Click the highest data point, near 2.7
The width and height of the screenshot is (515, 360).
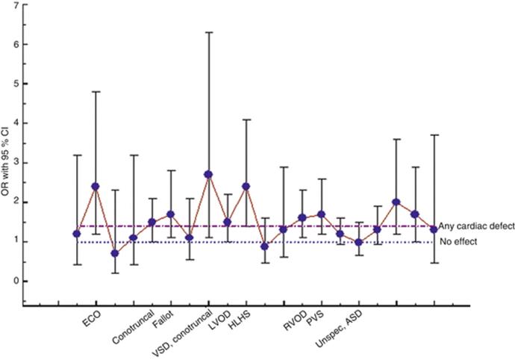(x=208, y=174)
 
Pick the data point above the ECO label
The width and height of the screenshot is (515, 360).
(x=96, y=186)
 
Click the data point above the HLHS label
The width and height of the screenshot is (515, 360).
(x=246, y=186)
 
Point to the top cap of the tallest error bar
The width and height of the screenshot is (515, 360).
(x=208, y=32)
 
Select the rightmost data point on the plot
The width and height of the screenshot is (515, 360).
(x=434, y=229)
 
